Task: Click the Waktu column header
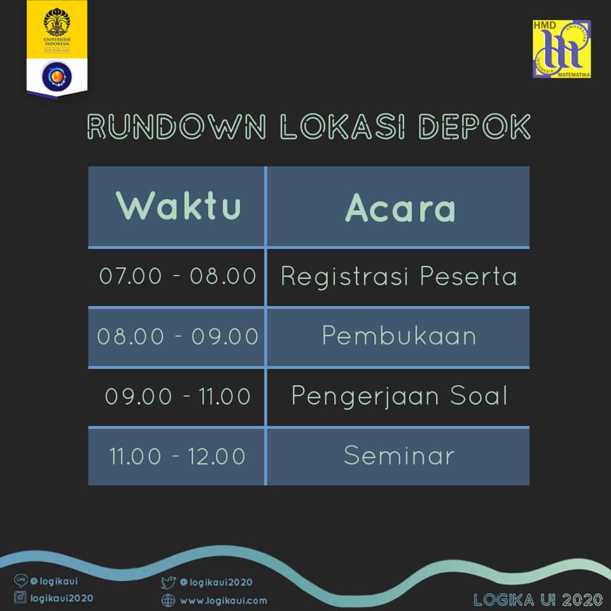coord(178,206)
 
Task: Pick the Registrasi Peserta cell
coord(398,277)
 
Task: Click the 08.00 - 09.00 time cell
coord(178,336)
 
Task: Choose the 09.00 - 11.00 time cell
coord(178,397)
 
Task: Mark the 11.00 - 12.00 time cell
coord(178,456)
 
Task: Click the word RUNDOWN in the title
coord(176,127)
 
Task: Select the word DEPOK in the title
coord(475,127)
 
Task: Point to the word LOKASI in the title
coord(342,127)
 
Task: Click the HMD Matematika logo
coord(561,49)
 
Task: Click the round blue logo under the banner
coord(57,77)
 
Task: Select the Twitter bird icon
coord(168,583)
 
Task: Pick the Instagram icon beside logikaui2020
coord(20,598)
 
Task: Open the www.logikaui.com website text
coord(223,601)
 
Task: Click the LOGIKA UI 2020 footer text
coord(538,600)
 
